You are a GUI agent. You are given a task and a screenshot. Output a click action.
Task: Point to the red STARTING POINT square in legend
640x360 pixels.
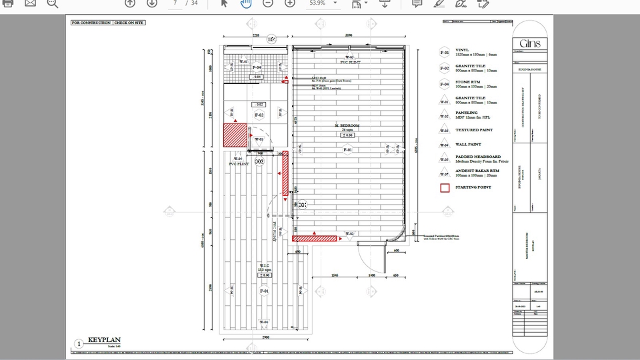(x=445, y=187)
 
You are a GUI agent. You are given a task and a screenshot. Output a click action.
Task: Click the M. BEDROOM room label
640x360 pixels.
(x=347, y=126)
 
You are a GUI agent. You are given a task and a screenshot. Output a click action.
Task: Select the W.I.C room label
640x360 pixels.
(x=264, y=265)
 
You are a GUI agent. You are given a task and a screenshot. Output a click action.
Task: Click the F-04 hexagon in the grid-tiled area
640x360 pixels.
(x=256, y=68)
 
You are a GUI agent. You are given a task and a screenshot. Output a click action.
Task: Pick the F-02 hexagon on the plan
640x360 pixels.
(x=259, y=115)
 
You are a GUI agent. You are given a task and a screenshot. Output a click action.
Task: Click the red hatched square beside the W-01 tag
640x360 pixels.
(x=235, y=135)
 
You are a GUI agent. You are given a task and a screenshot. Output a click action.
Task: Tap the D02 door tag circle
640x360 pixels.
(x=259, y=162)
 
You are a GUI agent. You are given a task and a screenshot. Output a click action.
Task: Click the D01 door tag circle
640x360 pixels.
(x=301, y=205)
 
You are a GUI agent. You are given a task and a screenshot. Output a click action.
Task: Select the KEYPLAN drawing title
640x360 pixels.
(x=104, y=340)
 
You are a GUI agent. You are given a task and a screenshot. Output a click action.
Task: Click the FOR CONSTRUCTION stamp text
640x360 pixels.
(x=91, y=23)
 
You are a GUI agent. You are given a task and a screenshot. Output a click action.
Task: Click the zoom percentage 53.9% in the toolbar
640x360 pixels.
(x=317, y=3)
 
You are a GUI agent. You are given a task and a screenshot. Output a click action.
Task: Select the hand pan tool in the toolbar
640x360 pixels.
(x=245, y=3)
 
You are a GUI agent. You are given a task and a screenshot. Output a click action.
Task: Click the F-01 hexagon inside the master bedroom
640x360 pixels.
(x=347, y=150)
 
